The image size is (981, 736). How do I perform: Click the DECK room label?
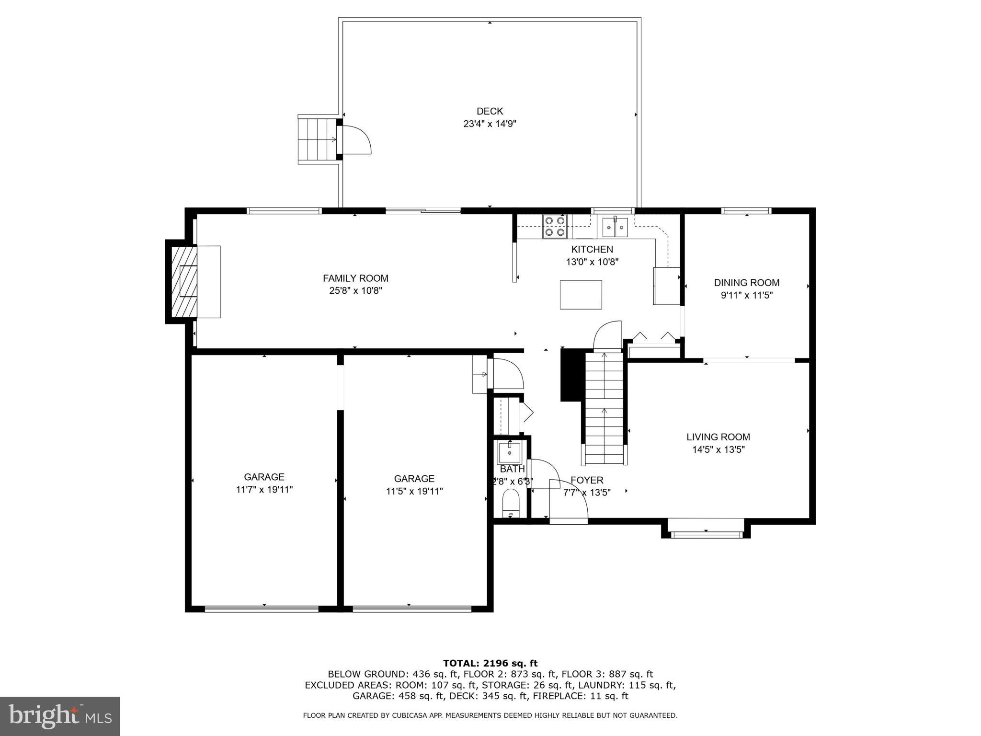click(490, 111)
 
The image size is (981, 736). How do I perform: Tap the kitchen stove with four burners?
click(554, 226)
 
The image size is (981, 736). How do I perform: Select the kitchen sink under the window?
click(615, 227)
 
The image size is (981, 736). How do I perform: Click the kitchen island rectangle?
click(581, 295)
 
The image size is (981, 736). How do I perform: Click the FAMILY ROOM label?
click(355, 278)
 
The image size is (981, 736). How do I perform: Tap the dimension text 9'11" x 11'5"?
click(746, 295)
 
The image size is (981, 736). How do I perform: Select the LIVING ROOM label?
click(718, 437)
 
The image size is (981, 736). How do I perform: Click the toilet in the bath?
click(511, 503)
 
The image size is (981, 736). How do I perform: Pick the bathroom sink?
click(509, 451)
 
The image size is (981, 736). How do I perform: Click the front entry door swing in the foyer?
click(569, 501)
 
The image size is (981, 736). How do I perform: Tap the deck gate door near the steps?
click(354, 140)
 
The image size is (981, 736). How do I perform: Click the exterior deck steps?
click(316, 139)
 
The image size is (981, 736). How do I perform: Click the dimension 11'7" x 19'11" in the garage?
click(264, 489)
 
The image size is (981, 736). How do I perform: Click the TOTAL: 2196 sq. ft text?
click(490, 663)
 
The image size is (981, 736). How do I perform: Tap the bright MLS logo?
click(59, 716)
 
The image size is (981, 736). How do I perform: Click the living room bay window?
click(706, 534)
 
